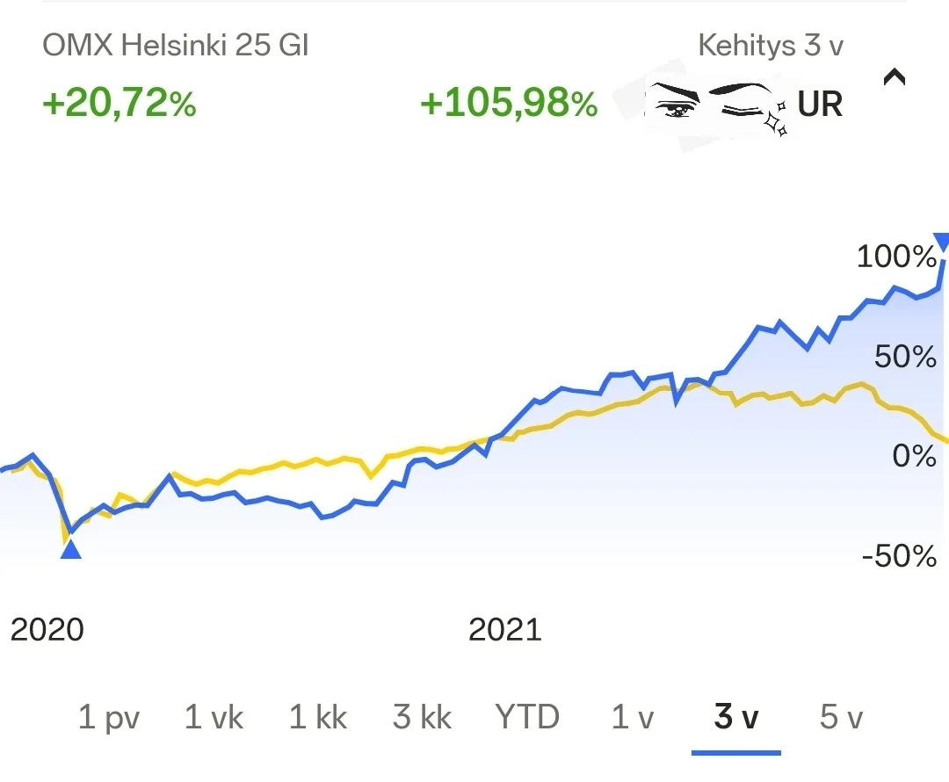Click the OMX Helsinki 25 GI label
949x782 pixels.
point(176,46)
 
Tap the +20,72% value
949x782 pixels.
point(120,105)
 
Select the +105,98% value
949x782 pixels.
point(509,105)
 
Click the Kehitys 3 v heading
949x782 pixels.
point(771,46)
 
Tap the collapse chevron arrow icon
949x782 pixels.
point(894,77)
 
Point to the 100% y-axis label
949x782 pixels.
point(896,257)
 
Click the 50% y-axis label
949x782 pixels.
point(904,357)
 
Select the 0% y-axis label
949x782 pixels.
point(913,456)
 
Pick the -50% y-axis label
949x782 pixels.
point(899,556)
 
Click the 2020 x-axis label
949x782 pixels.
point(47,629)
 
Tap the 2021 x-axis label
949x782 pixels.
point(505,629)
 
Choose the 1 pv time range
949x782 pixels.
point(109,718)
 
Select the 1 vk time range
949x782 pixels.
point(214,718)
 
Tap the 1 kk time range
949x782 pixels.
point(318,718)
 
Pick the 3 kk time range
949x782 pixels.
point(423,718)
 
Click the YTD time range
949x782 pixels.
point(527,718)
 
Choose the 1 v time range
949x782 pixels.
point(633,718)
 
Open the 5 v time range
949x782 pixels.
point(841,718)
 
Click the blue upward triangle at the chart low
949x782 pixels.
point(70,550)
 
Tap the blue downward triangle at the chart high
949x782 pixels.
point(941,242)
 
